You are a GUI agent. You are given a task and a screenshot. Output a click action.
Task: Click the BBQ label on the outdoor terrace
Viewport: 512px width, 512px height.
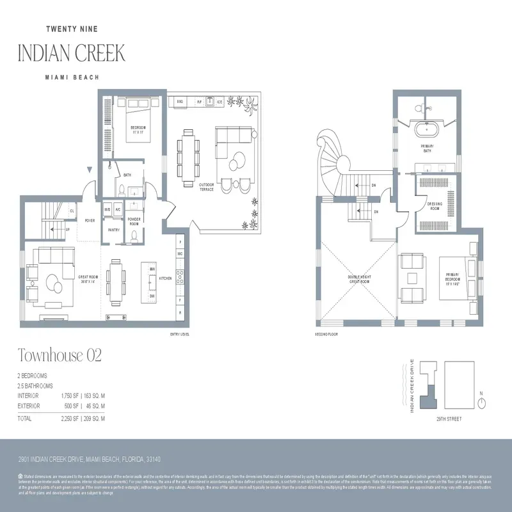(180, 102)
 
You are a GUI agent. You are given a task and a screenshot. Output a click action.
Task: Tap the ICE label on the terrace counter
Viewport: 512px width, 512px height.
(219, 102)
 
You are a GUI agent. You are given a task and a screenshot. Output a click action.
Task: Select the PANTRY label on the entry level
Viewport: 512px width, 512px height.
(113, 230)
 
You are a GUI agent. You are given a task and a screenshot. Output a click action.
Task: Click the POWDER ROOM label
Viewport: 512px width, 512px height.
(134, 221)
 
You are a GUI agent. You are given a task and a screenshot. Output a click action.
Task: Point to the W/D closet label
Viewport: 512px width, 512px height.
(108, 209)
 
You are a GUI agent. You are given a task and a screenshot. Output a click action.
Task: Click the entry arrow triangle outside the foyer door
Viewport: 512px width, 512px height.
(90, 170)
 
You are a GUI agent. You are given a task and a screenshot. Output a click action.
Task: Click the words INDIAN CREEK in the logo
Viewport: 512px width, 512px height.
(72, 52)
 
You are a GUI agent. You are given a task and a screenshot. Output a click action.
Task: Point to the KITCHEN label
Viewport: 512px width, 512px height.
(165, 278)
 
